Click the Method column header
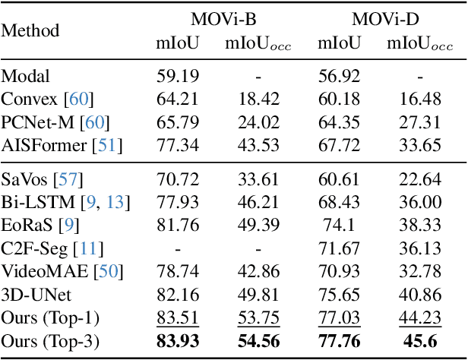[x=30, y=32]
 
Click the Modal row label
[x=25, y=76]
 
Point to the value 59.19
[x=179, y=76]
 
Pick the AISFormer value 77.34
[x=179, y=145]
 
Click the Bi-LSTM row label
[x=37, y=203]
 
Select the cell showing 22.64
[x=419, y=180]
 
